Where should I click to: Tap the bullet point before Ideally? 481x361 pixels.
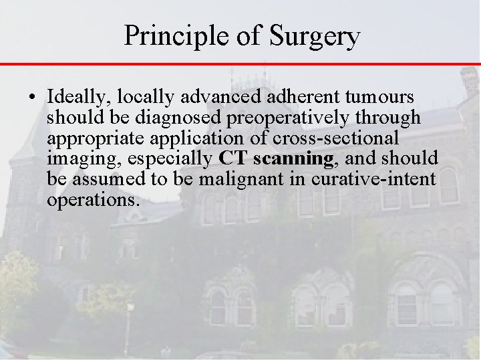34,97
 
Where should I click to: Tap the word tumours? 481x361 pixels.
376,98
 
